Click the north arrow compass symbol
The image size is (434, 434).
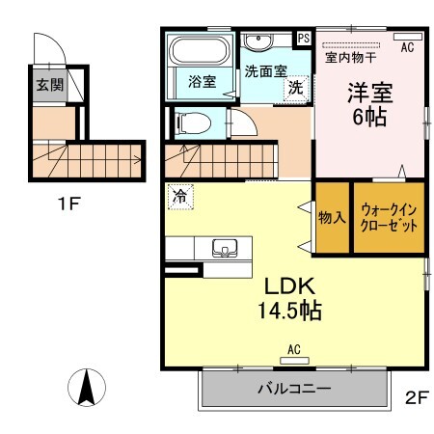86,389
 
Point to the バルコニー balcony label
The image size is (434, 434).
294,390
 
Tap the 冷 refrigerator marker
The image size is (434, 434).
179,195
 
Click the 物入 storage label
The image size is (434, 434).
333,217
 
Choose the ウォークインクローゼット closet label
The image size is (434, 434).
389,217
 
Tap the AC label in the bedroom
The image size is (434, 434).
406,45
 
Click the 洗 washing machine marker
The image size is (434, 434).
297,87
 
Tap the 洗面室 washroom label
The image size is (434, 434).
264,70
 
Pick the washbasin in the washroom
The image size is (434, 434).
258,42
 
